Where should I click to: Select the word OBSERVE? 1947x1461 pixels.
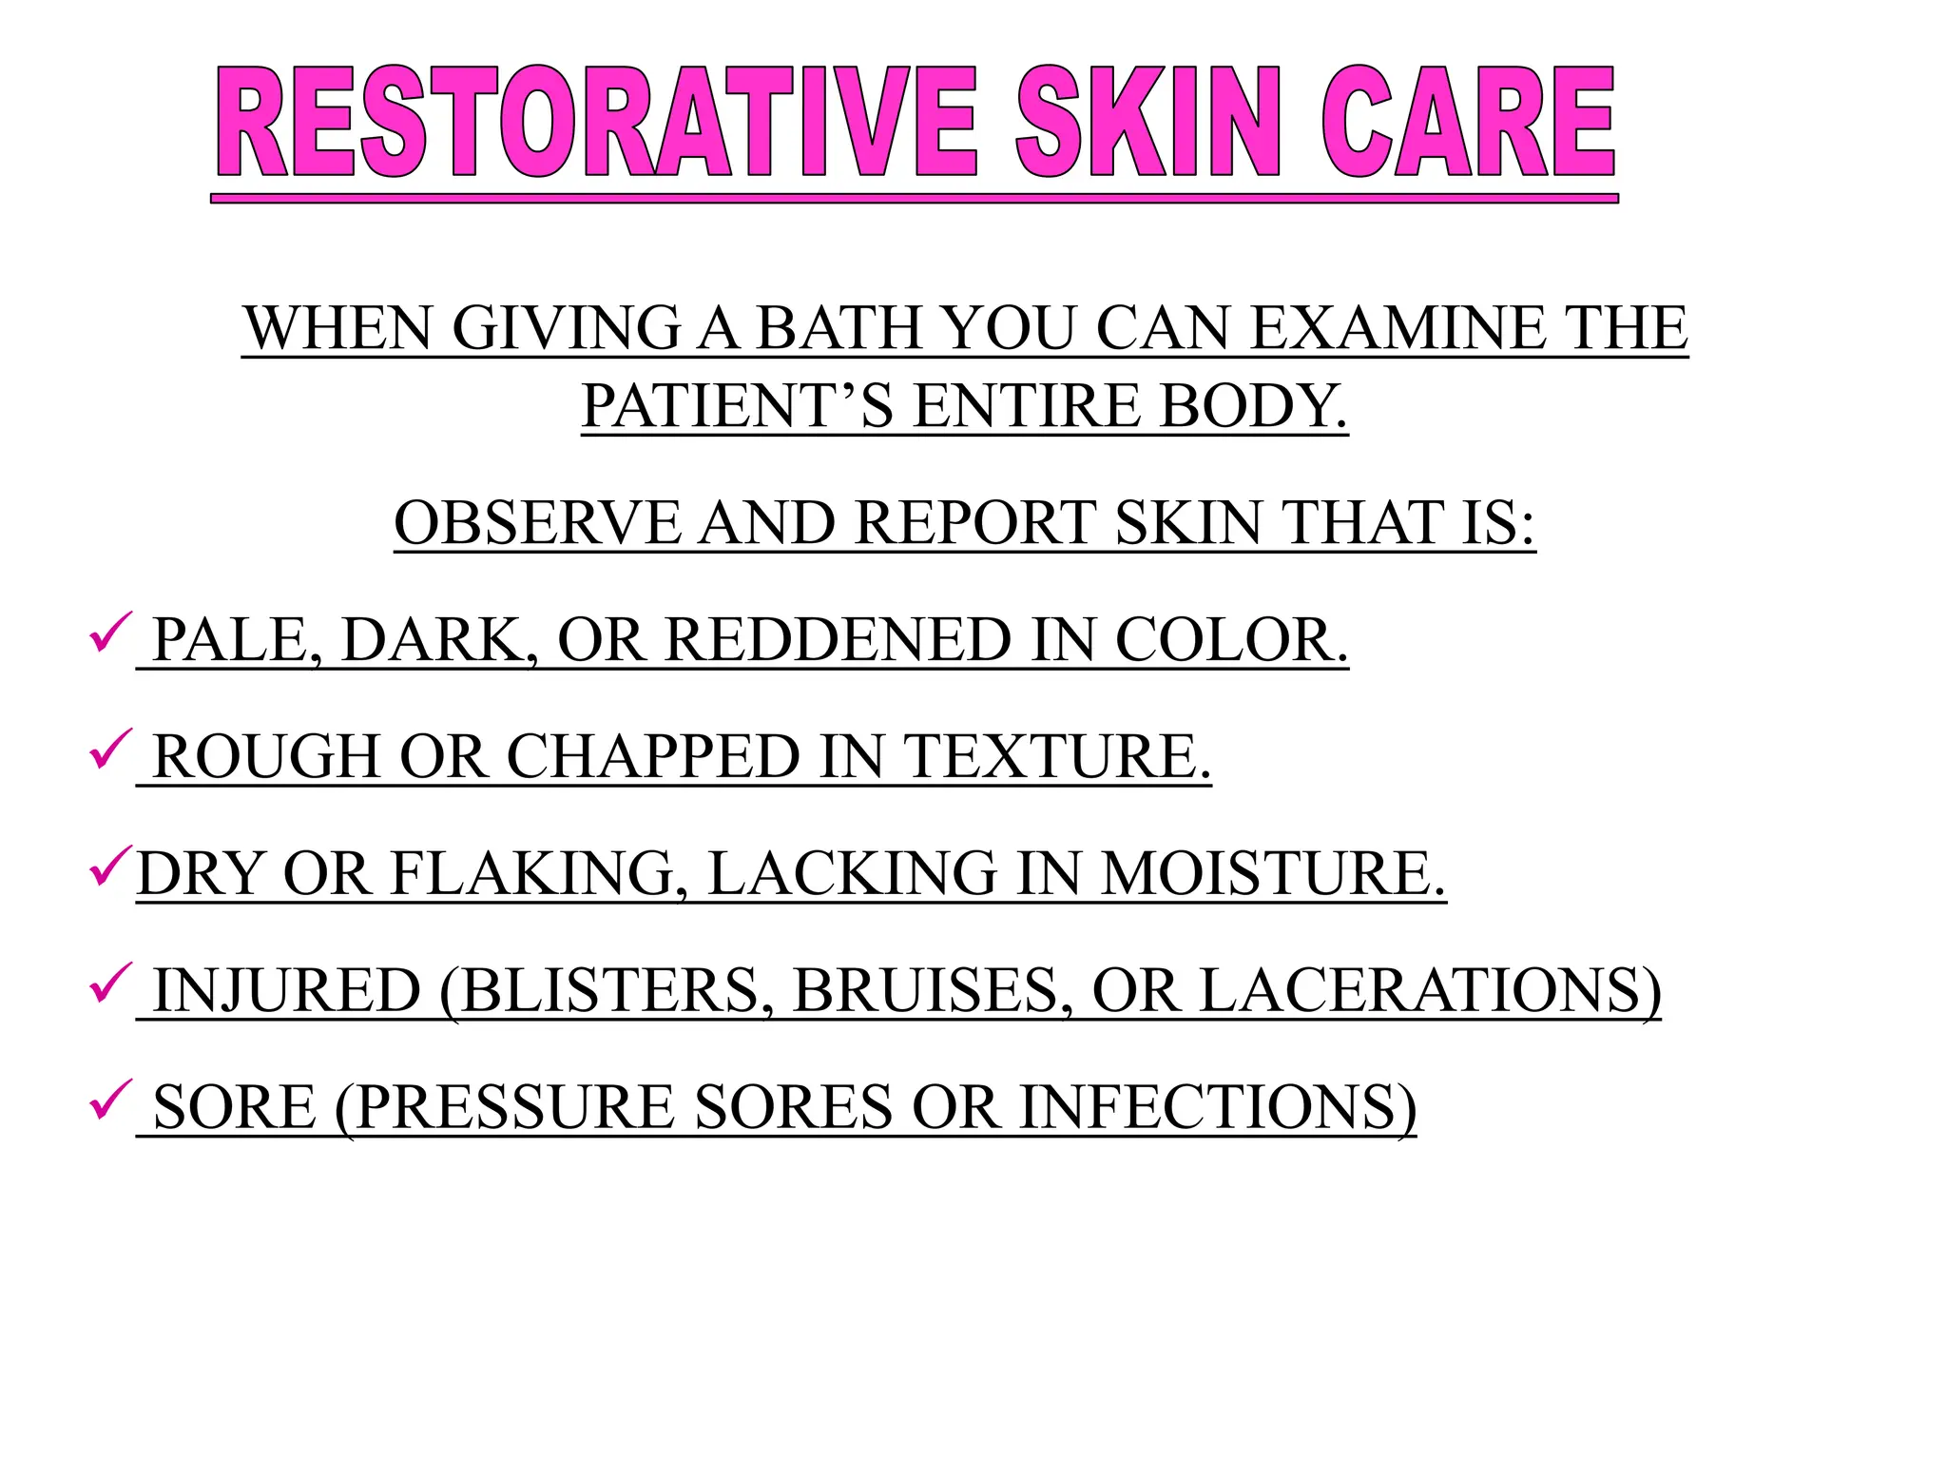pos(537,523)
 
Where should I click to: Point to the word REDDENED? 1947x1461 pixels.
pos(838,640)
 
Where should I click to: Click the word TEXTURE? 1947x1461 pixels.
pos(1056,757)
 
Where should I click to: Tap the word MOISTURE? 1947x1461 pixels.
pos(1273,874)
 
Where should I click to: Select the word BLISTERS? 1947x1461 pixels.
pos(607,991)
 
